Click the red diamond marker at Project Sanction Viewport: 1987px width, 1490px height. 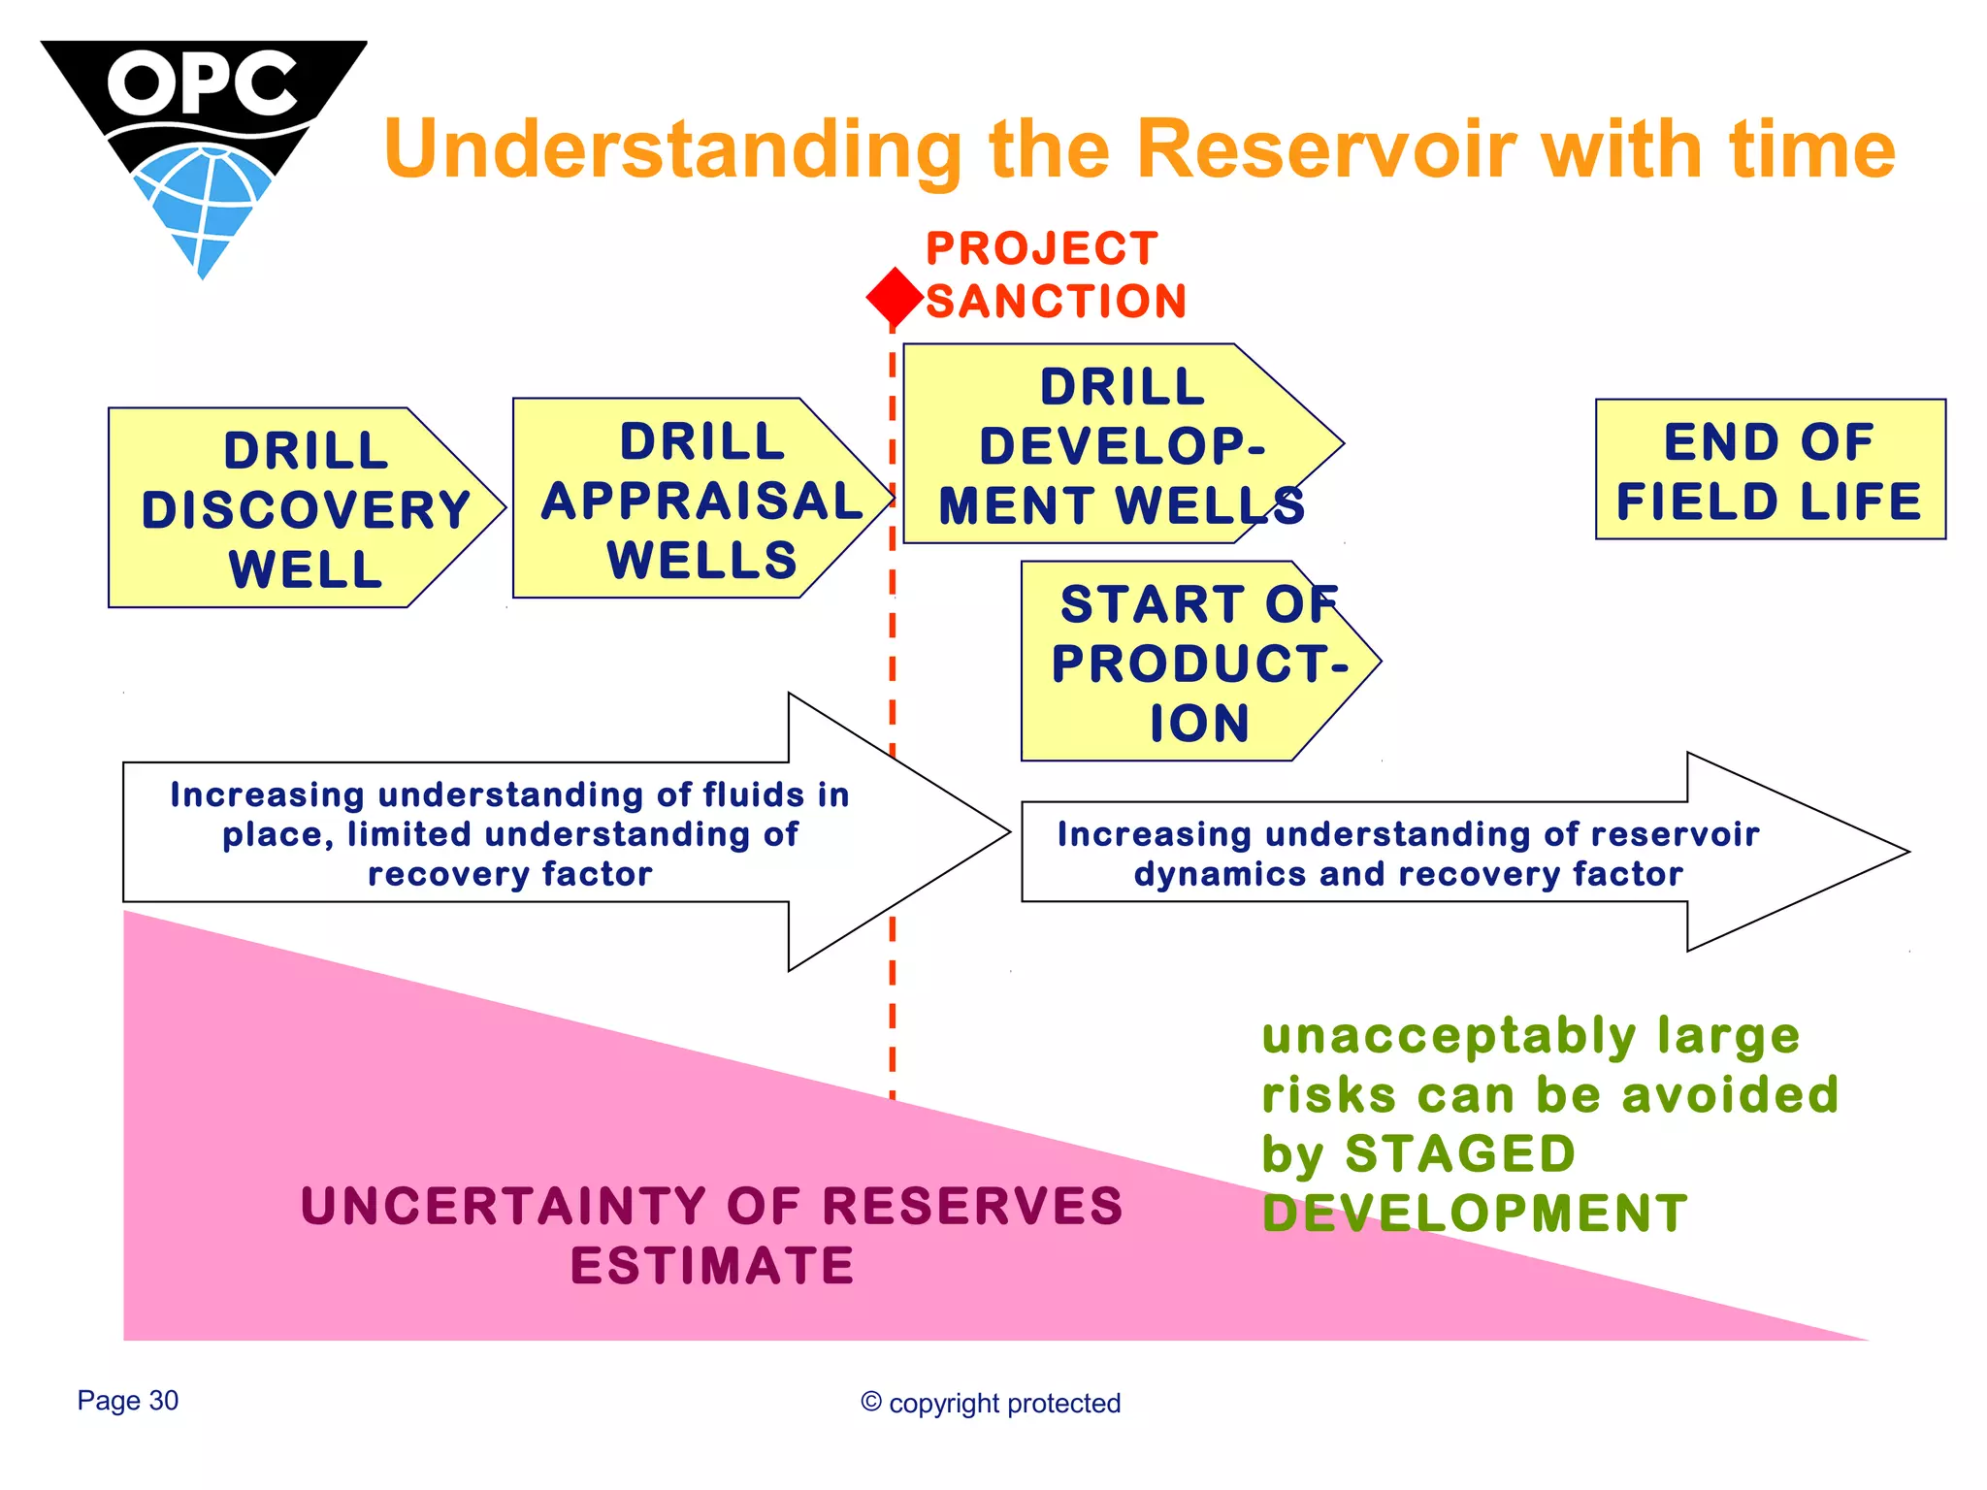tap(894, 297)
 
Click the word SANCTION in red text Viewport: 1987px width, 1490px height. tap(1056, 302)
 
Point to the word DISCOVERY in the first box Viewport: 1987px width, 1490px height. tap(306, 510)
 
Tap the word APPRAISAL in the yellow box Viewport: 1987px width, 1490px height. tap(701, 502)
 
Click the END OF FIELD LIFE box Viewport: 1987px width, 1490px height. tap(1769, 470)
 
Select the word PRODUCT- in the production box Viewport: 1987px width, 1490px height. tap(1199, 664)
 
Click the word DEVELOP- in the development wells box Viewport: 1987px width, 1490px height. tap(1123, 446)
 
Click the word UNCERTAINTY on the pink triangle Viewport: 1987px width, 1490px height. tap(503, 1207)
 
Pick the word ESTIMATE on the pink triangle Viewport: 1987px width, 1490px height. tap(712, 1266)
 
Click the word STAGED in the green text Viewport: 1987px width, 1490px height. tap(1459, 1154)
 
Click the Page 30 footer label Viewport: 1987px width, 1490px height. tap(128, 1401)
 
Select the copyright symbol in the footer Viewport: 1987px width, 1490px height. tap(870, 1402)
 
